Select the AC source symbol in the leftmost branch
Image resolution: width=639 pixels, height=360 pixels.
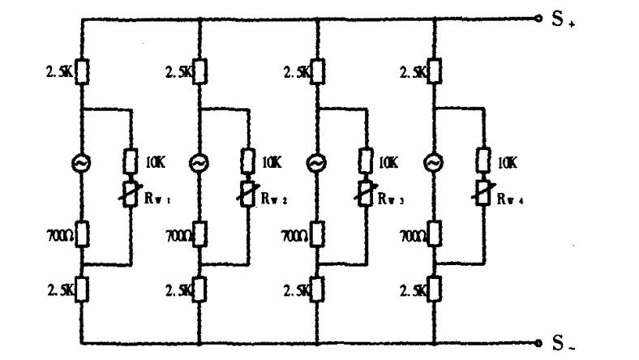(82, 163)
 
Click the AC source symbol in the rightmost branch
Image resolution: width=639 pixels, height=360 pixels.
(435, 163)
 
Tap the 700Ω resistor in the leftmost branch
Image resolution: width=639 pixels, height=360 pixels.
(82, 236)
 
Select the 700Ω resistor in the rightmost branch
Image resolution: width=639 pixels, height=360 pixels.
(435, 236)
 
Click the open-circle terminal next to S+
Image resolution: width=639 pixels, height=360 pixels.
(538, 18)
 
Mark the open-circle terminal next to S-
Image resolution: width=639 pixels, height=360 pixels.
(538, 342)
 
